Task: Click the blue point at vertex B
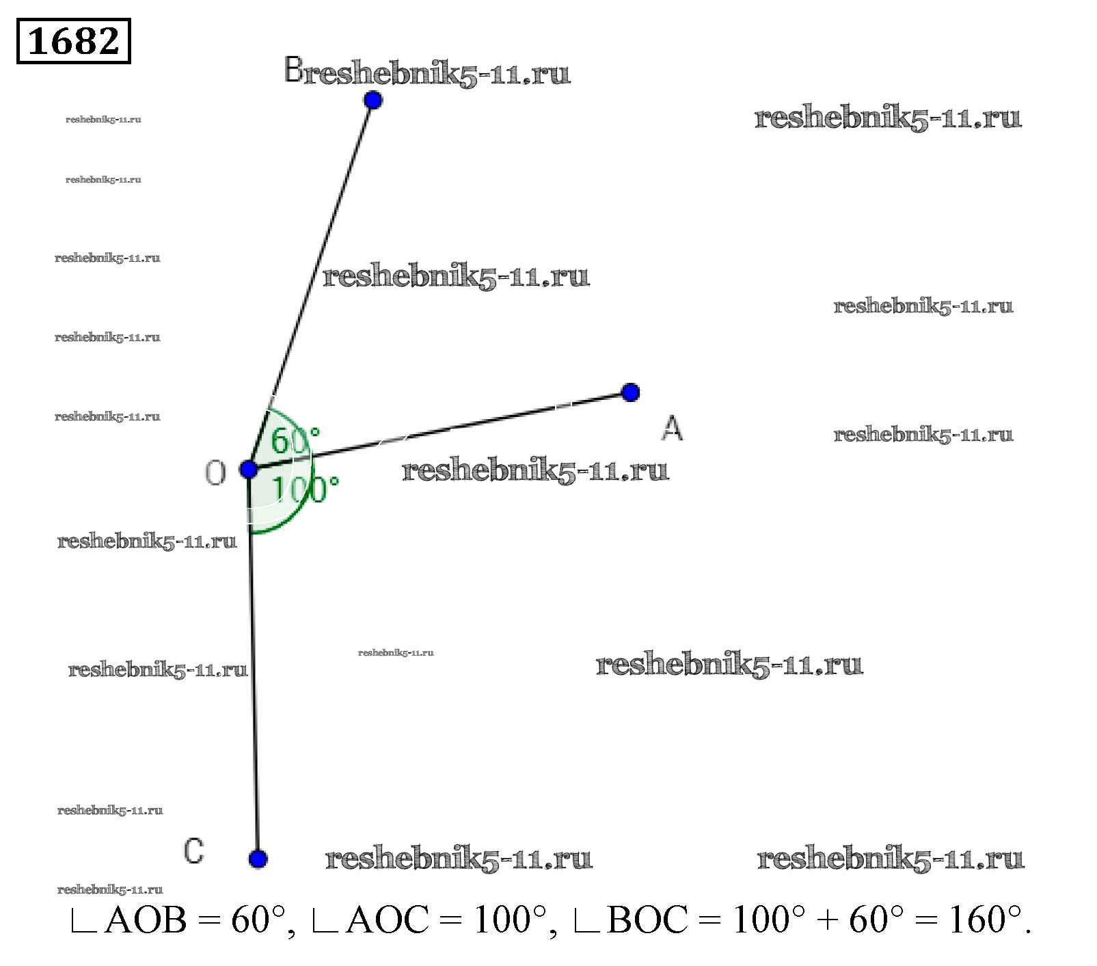pos(373,100)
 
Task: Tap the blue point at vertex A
pos(630,392)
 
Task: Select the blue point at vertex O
pos(249,470)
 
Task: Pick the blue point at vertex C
pos(258,859)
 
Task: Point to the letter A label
pos(673,428)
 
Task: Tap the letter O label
pos(215,472)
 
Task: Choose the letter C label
pos(194,851)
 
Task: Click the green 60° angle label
pos(295,441)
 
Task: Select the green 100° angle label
pos(306,489)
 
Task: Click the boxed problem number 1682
pos(73,41)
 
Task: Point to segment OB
pos(310,285)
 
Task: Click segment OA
pos(439,431)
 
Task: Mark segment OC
pos(254,664)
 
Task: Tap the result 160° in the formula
pos(985,919)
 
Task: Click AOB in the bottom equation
pos(146,920)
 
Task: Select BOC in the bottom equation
pos(647,920)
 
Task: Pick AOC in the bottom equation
pos(388,920)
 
